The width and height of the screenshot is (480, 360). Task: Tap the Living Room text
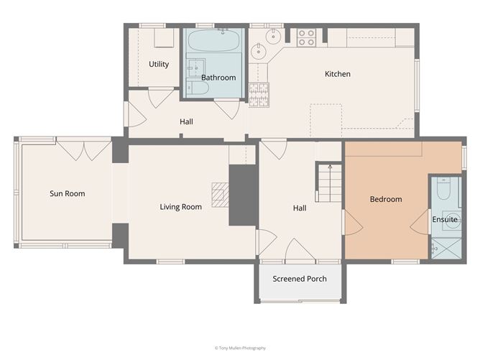tap(180, 207)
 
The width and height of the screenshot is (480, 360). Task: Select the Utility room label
tap(159, 64)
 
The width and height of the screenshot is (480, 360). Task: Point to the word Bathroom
tap(218, 78)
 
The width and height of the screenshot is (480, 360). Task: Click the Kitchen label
tap(338, 74)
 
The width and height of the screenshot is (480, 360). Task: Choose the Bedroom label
tap(386, 199)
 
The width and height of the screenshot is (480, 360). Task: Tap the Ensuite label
tap(445, 219)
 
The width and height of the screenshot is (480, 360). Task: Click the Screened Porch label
tap(300, 279)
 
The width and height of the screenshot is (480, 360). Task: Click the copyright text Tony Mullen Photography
tap(239, 348)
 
